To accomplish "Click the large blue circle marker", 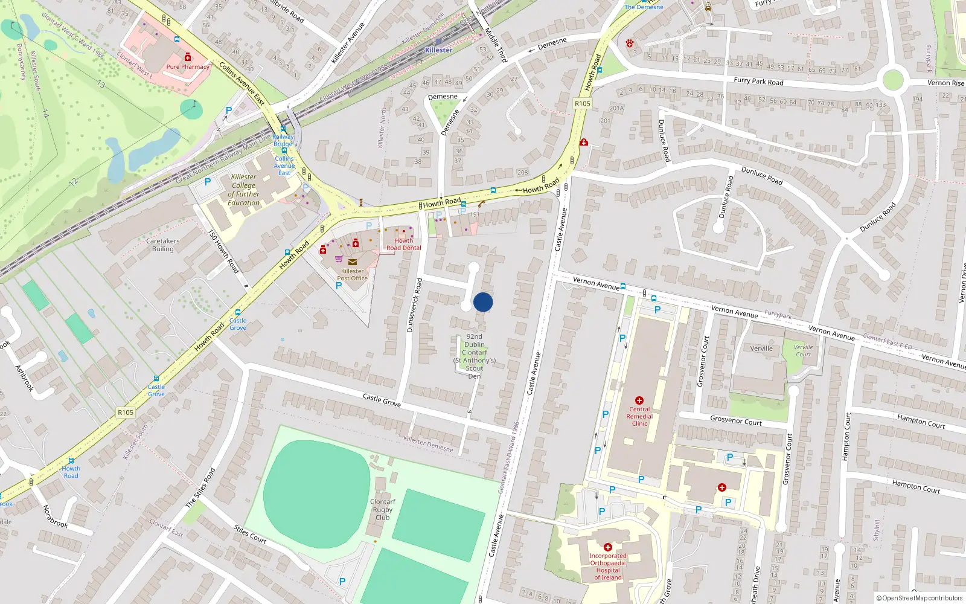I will [x=483, y=302].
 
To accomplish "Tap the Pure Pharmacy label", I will [x=187, y=66].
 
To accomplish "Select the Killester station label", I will [x=438, y=50].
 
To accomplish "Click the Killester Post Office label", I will [x=352, y=275].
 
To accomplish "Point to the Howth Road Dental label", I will [x=403, y=244].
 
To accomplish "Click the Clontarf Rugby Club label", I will [x=382, y=509].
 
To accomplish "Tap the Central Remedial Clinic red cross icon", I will [x=639, y=400].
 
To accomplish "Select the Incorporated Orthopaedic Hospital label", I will [x=607, y=567].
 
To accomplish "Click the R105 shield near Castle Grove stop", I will [x=125, y=413].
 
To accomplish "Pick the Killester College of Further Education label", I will [x=244, y=190].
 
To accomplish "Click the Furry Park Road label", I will [x=758, y=81].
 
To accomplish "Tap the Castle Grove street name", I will [x=382, y=399].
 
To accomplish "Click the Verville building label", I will [x=761, y=349].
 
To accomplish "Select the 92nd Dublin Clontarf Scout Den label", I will [x=475, y=356].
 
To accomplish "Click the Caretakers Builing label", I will [x=162, y=245].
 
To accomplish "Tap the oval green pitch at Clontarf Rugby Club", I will [x=316, y=486].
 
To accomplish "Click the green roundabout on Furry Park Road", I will [x=892, y=80].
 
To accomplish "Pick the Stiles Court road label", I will [x=250, y=534].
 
